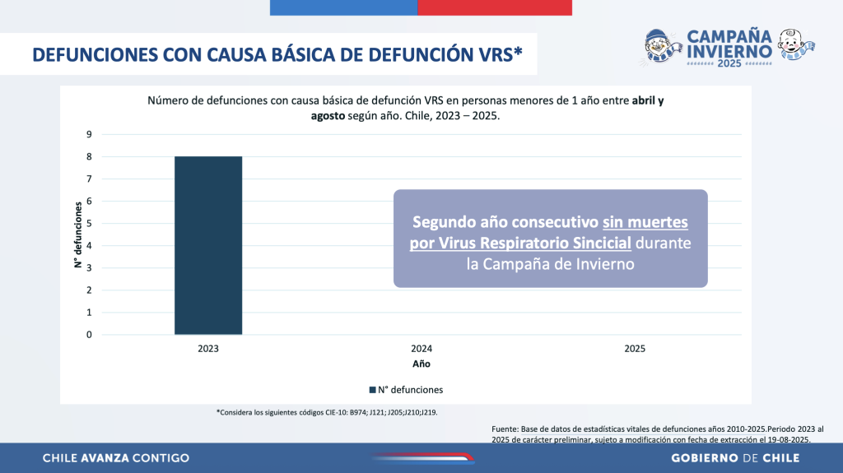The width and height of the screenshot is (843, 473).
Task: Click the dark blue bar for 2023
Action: [x=207, y=245]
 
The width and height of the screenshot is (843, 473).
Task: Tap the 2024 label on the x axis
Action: [x=421, y=349]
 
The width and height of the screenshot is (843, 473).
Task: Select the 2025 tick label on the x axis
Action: [x=635, y=349]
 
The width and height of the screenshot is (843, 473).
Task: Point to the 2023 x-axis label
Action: [x=207, y=349]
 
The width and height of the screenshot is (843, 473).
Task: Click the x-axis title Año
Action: [x=421, y=364]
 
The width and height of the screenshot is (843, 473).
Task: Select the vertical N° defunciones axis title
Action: [x=78, y=235]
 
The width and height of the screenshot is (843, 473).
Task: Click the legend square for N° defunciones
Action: [x=373, y=390]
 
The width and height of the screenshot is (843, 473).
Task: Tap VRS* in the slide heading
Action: [x=497, y=55]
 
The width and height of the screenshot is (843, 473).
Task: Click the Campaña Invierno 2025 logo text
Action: [x=729, y=48]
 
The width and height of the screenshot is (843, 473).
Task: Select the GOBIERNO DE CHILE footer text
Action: [x=735, y=458]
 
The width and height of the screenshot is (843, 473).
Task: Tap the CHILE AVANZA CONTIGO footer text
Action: [x=115, y=458]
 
